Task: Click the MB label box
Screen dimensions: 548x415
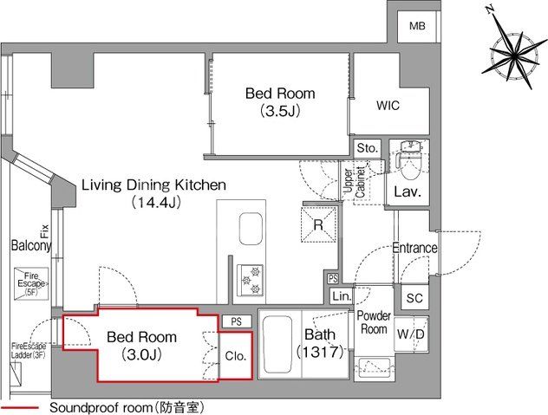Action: (417, 25)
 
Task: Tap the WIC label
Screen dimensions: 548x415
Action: (388, 106)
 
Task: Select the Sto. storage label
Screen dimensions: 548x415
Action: (368, 148)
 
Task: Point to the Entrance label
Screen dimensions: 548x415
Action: (414, 248)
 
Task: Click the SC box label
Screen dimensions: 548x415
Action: (414, 298)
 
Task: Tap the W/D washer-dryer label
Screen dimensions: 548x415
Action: (411, 334)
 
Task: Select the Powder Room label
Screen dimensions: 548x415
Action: (374, 322)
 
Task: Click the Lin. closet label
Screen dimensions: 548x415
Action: (342, 296)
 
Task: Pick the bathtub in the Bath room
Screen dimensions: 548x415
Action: (277, 345)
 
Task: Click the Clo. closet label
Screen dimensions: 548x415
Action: (236, 356)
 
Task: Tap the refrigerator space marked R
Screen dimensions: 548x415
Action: (318, 224)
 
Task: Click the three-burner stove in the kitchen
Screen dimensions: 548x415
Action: (251, 281)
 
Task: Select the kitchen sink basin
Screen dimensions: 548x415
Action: (251, 229)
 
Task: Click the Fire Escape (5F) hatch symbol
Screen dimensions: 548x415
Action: (31, 283)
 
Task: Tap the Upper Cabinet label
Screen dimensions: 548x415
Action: (355, 182)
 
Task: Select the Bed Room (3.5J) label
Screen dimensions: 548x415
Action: (280, 101)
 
